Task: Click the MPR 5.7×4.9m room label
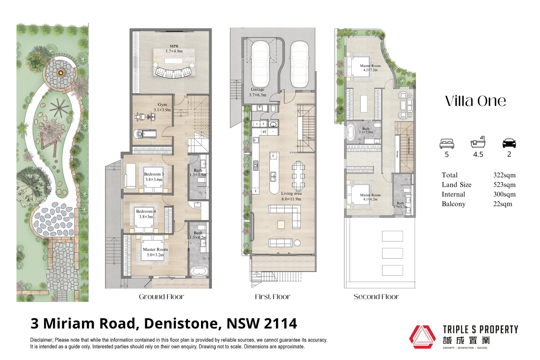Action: coord(174,49)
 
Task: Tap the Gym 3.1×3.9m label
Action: coord(162,107)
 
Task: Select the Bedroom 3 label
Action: coord(154,177)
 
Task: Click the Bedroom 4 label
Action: coord(146,214)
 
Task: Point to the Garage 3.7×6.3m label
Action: coord(258,92)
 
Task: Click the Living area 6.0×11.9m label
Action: coord(291,196)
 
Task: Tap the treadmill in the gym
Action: coord(145,134)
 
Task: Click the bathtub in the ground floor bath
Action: coord(199,271)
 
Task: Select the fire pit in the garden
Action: coord(61,72)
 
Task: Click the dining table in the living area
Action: coord(298,176)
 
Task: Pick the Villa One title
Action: coord(475,101)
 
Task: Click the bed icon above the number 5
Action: coord(447,144)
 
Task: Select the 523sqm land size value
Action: coord(504,185)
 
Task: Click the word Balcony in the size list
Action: coord(453,204)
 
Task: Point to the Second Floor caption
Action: coord(376,297)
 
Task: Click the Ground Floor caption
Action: coord(161,297)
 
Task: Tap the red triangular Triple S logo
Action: coord(422,337)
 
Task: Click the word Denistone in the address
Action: coord(182,324)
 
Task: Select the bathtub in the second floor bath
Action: coord(351,132)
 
